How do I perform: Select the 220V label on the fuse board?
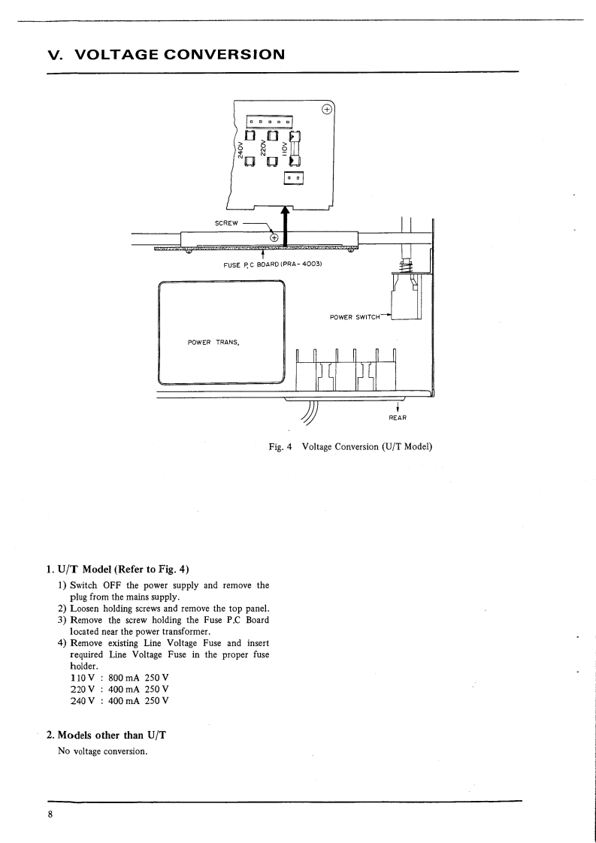(x=264, y=147)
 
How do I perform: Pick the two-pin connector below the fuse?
(x=294, y=178)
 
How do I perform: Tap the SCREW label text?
(x=226, y=224)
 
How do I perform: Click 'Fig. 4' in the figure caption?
(x=280, y=447)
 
